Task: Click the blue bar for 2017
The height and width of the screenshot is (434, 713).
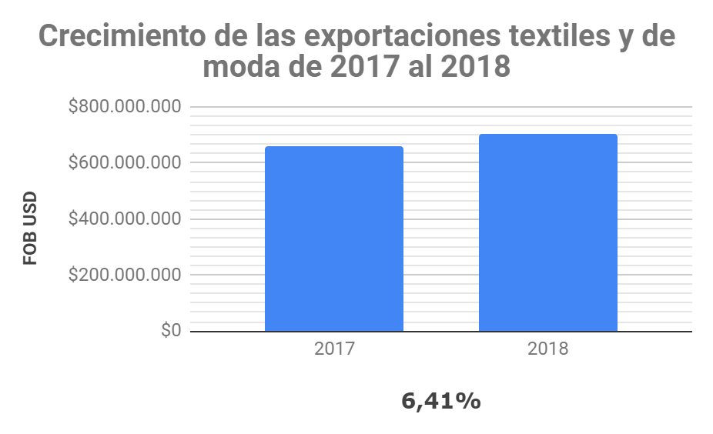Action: (x=333, y=239)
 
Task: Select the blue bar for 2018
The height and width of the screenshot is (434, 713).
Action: (x=547, y=233)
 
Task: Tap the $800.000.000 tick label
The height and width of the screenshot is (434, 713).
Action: (x=124, y=107)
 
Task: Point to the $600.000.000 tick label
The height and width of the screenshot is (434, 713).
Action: (x=124, y=163)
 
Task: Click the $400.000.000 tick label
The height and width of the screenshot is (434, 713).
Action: (x=124, y=219)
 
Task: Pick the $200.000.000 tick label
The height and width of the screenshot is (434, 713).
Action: (x=124, y=275)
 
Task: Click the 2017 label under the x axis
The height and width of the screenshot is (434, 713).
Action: (x=333, y=349)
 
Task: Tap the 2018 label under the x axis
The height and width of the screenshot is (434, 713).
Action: (x=547, y=349)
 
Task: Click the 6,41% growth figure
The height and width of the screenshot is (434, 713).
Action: (x=441, y=401)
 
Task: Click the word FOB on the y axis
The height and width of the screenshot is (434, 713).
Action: (x=30, y=249)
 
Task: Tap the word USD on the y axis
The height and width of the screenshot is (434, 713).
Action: (x=30, y=212)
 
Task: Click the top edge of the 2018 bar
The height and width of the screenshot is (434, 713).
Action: (x=547, y=135)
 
